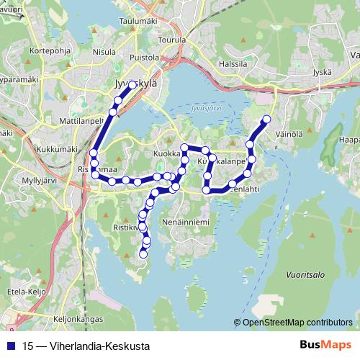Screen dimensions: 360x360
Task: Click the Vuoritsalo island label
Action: pyautogui.click(x=306, y=274)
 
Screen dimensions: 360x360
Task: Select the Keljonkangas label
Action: pyautogui.click(x=78, y=318)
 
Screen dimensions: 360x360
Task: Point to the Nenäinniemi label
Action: pyautogui.click(x=186, y=222)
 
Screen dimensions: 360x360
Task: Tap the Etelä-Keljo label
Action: pyautogui.click(x=27, y=291)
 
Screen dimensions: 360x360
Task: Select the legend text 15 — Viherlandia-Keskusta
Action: pyautogui.click(x=86, y=346)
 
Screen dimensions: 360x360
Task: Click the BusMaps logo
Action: pyautogui.click(x=324, y=345)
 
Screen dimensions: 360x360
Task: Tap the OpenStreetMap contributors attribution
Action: pyautogui.click(x=297, y=323)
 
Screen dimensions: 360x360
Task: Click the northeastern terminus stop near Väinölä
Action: pyautogui.click(x=266, y=119)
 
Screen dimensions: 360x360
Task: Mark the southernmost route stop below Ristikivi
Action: pyautogui.click(x=143, y=253)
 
